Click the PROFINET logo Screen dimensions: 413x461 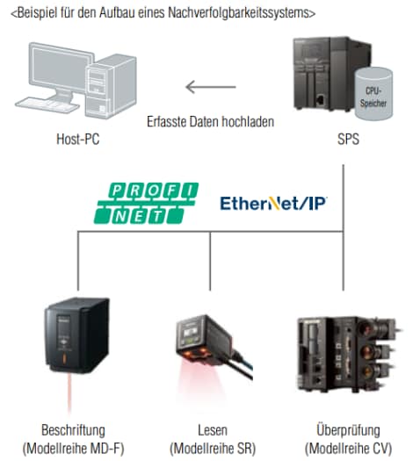(146, 203)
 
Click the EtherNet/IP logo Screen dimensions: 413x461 (274, 203)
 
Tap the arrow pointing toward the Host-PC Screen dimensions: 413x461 (211, 87)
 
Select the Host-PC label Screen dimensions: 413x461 (78, 139)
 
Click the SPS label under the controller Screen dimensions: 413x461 (348, 139)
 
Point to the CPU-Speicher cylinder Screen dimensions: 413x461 (373, 94)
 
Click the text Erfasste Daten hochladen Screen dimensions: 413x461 (211, 121)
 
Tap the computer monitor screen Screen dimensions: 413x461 (61, 68)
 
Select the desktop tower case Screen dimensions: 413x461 (111, 86)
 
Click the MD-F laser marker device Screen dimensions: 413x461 (76, 335)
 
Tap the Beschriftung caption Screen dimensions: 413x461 (73, 430)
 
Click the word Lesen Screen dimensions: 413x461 (213, 430)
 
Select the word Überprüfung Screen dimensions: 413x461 (348, 430)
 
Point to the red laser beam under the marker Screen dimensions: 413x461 (69, 394)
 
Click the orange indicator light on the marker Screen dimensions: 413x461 (64, 359)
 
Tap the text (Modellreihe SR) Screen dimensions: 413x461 (213, 449)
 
